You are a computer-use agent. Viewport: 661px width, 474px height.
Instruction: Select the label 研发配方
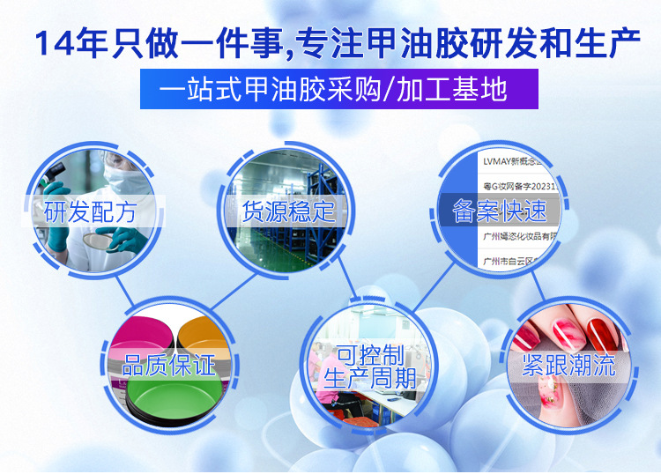91,211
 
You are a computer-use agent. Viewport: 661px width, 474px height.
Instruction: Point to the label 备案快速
499,211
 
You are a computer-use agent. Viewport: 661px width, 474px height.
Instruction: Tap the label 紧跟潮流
568,364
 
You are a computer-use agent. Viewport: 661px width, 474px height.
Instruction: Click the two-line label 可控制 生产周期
370,367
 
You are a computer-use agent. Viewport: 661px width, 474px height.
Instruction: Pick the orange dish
208,333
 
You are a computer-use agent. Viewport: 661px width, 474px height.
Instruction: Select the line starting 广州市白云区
512,262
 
